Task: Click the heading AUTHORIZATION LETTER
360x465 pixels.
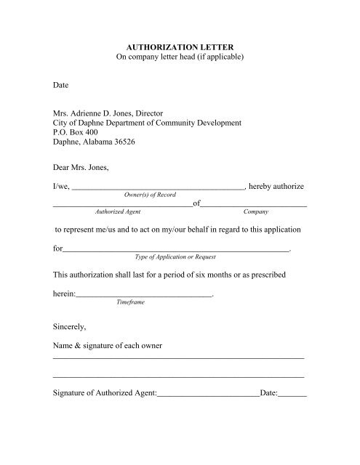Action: (179, 44)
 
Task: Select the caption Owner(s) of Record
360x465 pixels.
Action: (152, 196)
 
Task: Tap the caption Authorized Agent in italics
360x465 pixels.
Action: (119, 213)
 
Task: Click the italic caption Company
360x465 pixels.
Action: (256, 213)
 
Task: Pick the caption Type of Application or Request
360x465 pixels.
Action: (177, 256)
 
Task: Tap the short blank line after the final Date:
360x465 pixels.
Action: (292, 397)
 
